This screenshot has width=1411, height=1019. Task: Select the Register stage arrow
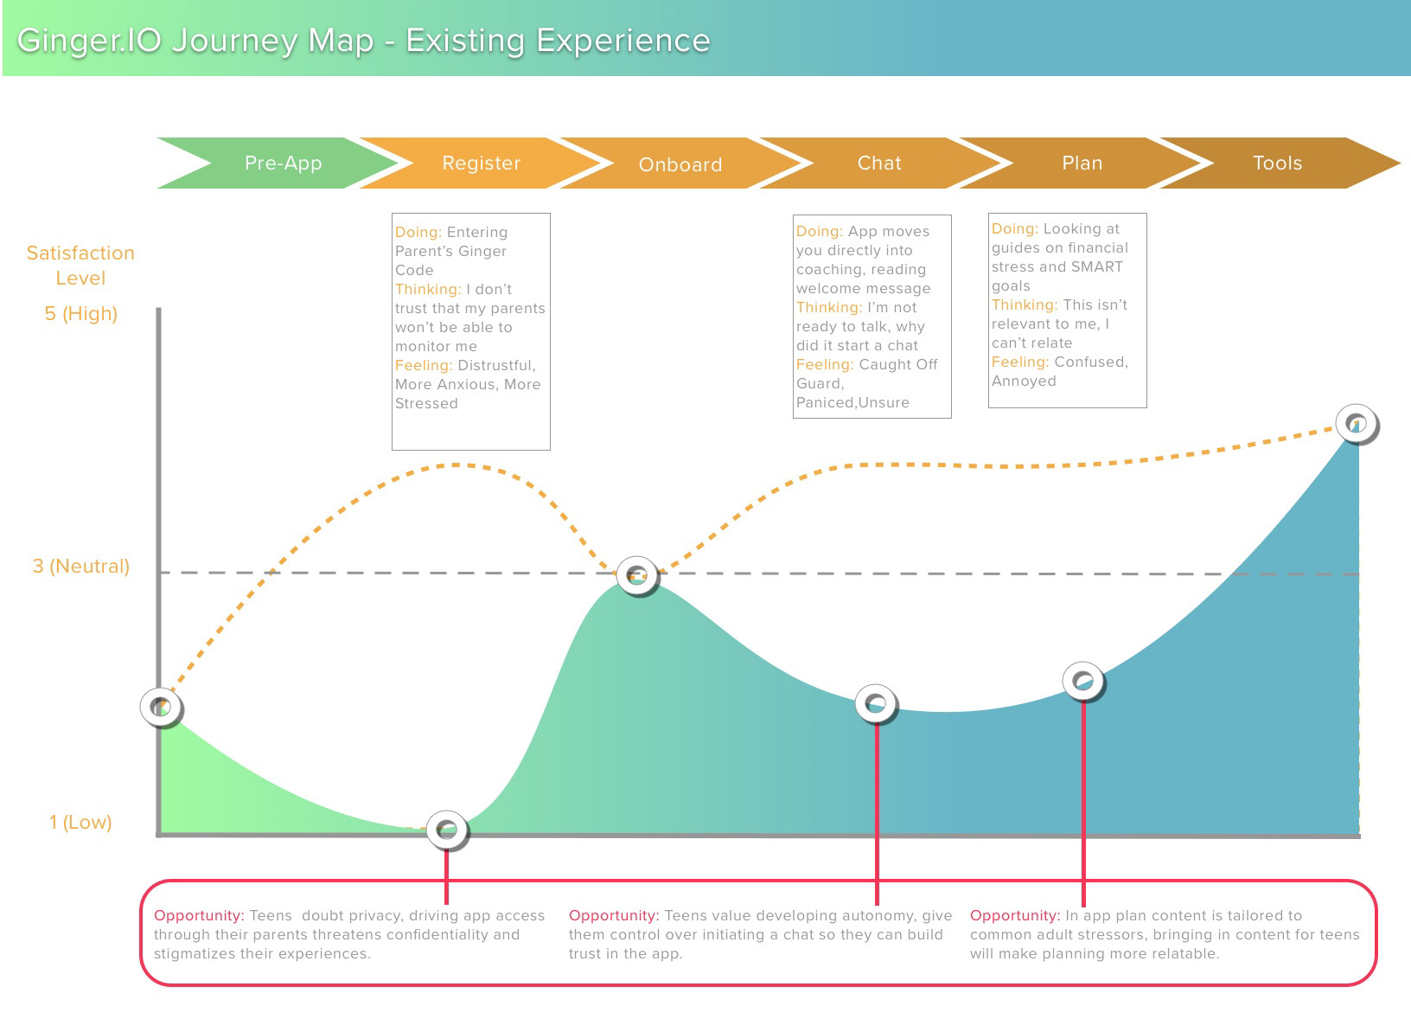point(482,163)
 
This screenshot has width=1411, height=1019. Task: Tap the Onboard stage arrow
point(680,163)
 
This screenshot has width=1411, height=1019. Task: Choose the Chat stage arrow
point(879,163)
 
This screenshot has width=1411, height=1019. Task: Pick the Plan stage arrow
point(1081,163)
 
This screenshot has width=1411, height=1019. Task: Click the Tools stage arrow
point(1279,163)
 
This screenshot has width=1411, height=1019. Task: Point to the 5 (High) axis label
point(81,313)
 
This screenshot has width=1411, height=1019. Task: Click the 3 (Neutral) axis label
point(81,566)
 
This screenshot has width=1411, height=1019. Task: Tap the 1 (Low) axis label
point(80,822)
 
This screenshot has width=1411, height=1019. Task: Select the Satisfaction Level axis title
point(80,266)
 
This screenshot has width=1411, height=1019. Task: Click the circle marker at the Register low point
point(447,830)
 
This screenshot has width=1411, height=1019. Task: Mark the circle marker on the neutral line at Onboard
point(637,575)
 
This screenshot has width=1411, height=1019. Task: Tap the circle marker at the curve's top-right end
point(1357,424)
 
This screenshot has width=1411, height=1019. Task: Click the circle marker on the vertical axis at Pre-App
point(162,707)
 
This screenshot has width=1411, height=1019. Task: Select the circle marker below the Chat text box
point(876,703)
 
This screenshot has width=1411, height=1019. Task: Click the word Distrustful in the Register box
point(496,366)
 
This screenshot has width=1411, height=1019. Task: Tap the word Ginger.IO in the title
point(89,41)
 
